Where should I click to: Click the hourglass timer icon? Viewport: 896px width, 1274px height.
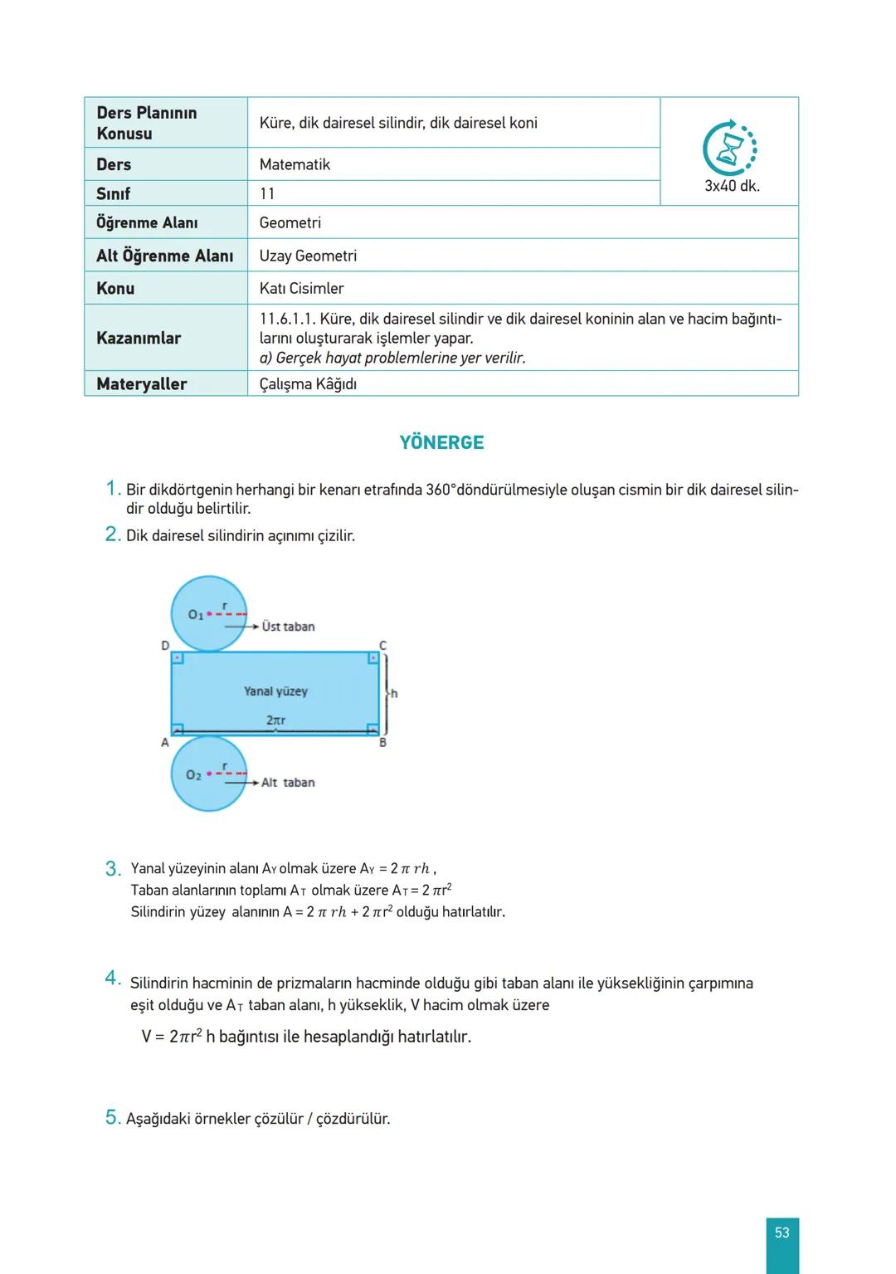tap(730, 150)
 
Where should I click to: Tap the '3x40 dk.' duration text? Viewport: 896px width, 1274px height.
tap(732, 186)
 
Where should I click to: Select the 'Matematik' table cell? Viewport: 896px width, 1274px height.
tap(295, 164)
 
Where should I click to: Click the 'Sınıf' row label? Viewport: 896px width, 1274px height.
tap(114, 193)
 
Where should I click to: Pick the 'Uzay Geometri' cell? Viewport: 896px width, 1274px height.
tap(308, 256)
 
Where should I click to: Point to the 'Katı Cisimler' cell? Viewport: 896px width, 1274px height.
tap(301, 288)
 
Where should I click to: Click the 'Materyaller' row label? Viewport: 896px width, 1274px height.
tap(142, 383)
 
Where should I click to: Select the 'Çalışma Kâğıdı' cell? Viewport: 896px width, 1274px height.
tap(308, 383)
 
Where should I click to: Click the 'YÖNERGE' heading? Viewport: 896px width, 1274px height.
tap(441, 442)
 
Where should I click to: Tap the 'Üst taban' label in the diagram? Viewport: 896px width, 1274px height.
tap(288, 627)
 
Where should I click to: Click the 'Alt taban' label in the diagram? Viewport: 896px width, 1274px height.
tap(288, 782)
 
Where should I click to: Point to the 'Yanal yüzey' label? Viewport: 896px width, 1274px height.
tap(275, 691)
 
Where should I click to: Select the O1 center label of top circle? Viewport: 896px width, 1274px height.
tap(196, 614)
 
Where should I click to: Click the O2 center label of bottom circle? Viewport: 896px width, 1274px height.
tap(193, 774)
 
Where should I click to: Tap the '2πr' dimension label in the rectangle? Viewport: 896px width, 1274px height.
tap(275, 720)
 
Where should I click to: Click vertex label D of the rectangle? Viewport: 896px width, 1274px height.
tap(165, 645)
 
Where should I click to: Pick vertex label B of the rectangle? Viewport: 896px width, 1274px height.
tap(383, 742)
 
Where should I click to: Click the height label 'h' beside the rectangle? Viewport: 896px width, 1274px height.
tap(394, 693)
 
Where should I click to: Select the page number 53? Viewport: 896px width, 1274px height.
tap(782, 1233)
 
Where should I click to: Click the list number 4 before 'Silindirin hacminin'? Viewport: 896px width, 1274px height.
tap(113, 979)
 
